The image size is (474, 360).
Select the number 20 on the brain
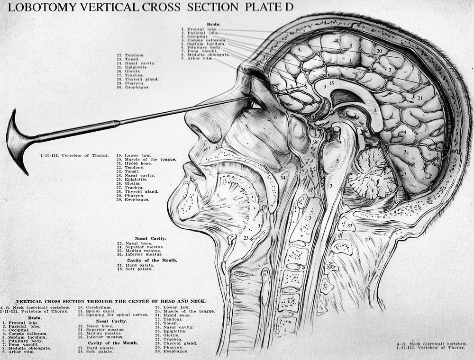click(x=379, y=51)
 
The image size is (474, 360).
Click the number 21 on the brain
click(x=419, y=98)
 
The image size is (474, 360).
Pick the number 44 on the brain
click(x=403, y=133)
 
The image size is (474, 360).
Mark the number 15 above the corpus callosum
click(x=331, y=83)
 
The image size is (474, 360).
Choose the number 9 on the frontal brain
click(x=299, y=49)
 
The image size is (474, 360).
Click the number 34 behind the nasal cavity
click(x=283, y=178)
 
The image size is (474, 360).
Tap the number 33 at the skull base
click(x=350, y=226)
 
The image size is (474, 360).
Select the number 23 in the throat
click(x=246, y=238)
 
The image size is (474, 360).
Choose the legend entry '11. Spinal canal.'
click(x=97, y=311)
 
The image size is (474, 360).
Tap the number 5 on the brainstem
click(x=337, y=162)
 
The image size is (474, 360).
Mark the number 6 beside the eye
click(x=275, y=117)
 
